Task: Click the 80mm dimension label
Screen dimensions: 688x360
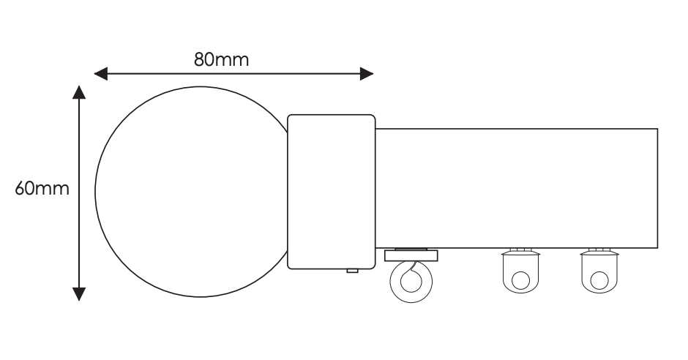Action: click(x=222, y=59)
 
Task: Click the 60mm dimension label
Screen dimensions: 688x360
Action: click(x=42, y=189)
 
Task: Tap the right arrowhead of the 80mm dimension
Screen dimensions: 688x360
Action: click(x=367, y=73)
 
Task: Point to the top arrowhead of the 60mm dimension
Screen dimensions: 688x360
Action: click(x=79, y=92)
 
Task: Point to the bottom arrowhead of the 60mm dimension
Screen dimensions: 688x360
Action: click(x=79, y=293)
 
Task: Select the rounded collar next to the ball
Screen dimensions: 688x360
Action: click(x=331, y=192)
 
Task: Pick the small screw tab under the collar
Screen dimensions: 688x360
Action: click(x=352, y=272)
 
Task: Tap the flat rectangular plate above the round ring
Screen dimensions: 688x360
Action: click(x=411, y=255)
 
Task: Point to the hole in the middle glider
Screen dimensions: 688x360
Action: click(x=520, y=279)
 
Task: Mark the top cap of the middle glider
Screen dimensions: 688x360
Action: click(x=520, y=250)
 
